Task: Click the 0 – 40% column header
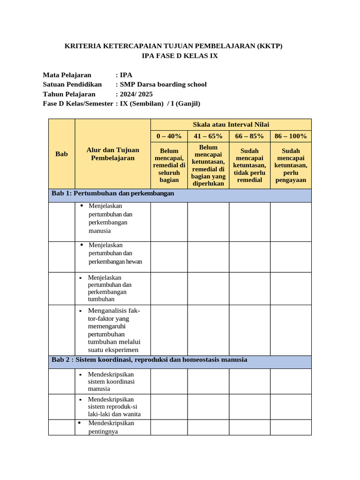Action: [169, 136]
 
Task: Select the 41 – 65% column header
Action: [208, 136]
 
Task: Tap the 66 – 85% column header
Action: [249, 136]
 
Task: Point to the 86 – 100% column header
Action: [291, 136]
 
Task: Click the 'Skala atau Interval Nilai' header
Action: [231, 124]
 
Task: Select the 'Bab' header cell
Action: [61, 154]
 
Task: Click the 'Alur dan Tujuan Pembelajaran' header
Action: [112, 154]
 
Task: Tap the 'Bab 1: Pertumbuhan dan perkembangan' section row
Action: [112, 194]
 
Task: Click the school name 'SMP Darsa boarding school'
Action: [163, 84]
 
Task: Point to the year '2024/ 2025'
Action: [136, 94]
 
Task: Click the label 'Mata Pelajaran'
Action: [67, 75]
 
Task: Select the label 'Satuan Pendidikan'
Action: [72, 84]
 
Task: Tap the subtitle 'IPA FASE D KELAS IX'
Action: [180, 56]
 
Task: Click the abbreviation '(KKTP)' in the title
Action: [270, 46]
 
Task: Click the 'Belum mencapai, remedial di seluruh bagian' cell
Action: [169, 165]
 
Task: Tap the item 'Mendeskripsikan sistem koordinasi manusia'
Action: [112, 382]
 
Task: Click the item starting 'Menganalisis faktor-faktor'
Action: [114, 330]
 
